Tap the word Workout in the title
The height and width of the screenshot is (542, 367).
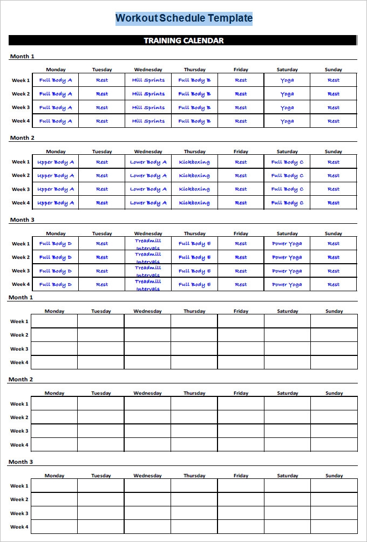[x=137, y=18]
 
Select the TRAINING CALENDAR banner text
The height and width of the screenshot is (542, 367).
[x=183, y=40]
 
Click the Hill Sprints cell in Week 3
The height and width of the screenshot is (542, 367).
[x=148, y=107]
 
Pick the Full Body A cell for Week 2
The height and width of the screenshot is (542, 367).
[x=56, y=94]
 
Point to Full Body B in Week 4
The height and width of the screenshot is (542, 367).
[x=194, y=121]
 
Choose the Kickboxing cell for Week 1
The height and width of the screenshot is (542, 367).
[x=194, y=162]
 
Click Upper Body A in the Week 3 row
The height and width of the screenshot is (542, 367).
[x=56, y=189]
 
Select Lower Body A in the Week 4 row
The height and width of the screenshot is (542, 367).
[x=148, y=203]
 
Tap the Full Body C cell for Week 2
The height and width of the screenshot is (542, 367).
[x=287, y=176]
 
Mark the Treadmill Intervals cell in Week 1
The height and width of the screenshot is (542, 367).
[x=148, y=244]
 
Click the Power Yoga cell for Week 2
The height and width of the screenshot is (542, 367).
[x=287, y=257]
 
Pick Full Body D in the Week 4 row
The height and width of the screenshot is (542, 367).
[x=56, y=284]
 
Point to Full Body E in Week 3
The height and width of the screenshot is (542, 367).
[x=194, y=271]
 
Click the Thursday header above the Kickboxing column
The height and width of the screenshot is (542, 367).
[x=194, y=152]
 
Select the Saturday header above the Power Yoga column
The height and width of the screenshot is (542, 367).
[x=287, y=234]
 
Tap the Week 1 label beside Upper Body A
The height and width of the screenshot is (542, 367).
[x=21, y=162]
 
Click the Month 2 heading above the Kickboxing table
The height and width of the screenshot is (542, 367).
[x=22, y=138]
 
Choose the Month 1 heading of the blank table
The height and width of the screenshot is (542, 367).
[x=21, y=297]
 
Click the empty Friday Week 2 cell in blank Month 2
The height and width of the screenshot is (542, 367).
[x=241, y=417]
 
